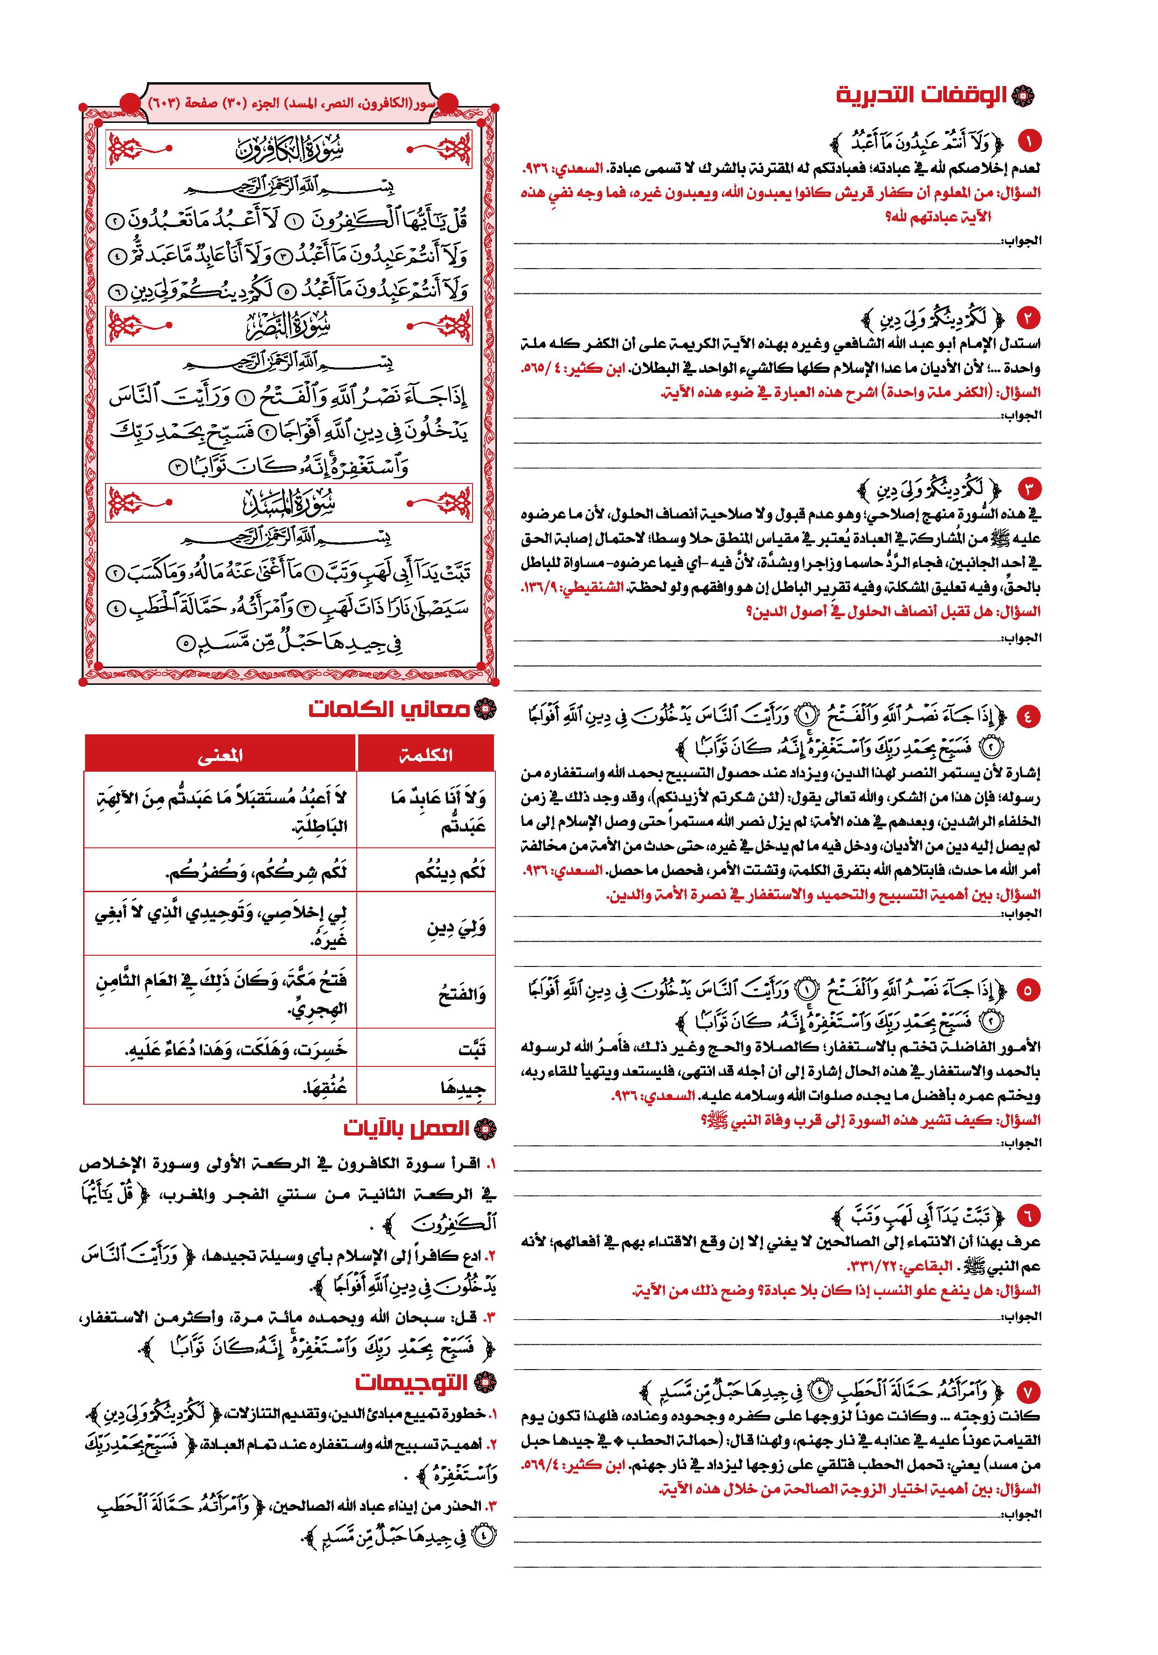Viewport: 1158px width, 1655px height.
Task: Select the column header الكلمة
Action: tap(426, 754)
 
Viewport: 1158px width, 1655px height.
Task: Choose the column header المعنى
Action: tap(220, 754)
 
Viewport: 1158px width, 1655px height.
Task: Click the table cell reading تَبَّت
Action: tap(426, 1050)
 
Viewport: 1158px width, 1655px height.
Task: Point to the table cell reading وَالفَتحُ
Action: tap(426, 995)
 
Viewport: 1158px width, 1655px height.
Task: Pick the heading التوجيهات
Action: tap(411, 1383)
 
